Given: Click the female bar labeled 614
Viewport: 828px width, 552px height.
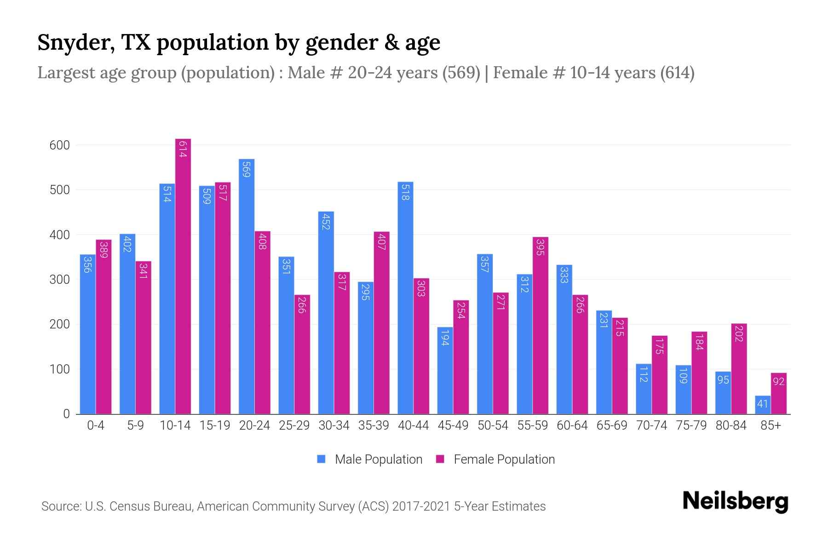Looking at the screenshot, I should [x=183, y=276].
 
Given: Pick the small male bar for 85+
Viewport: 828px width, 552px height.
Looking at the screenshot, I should [x=762, y=405].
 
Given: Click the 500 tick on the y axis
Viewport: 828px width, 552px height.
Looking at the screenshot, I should [x=59, y=190].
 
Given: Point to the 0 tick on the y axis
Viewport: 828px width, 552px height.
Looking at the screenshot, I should [x=66, y=414].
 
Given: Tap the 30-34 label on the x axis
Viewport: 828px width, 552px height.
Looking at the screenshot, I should [x=334, y=425].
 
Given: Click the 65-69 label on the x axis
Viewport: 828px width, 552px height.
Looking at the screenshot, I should [x=612, y=425].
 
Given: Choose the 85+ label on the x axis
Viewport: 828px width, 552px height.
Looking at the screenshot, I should [x=770, y=425].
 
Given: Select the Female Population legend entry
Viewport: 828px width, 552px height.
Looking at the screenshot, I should [x=495, y=460].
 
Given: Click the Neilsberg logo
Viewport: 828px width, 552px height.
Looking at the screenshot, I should [x=735, y=501].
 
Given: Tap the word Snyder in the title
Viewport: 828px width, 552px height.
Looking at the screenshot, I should [x=75, y=43].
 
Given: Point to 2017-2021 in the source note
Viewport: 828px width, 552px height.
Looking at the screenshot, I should [x=421, y=506].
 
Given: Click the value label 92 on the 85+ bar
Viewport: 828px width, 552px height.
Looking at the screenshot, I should [x=778, y=381].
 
